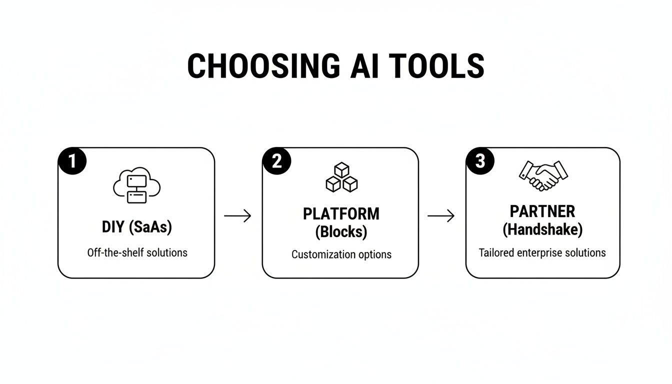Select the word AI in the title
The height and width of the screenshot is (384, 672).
[355, 65]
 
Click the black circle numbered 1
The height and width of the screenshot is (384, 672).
[72, 162]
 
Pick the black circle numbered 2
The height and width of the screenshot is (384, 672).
[276, 162]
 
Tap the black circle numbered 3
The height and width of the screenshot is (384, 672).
[480, 162]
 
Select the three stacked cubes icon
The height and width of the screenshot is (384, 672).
[341, 177]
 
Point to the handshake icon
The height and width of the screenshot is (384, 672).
[543, 175]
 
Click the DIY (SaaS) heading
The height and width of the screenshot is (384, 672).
[136, 227]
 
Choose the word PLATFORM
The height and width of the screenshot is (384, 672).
[341, 214]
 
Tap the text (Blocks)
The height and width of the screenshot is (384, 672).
[341, 231]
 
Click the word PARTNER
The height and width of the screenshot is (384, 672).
[542, 211]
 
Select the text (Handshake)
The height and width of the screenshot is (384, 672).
[542, 229]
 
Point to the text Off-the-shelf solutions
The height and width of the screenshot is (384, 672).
[137, 252]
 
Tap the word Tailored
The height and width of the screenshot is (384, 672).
[495, 252]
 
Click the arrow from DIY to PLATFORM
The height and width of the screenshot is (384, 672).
[237, 215]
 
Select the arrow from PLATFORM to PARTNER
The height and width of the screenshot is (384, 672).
[441, 215]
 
